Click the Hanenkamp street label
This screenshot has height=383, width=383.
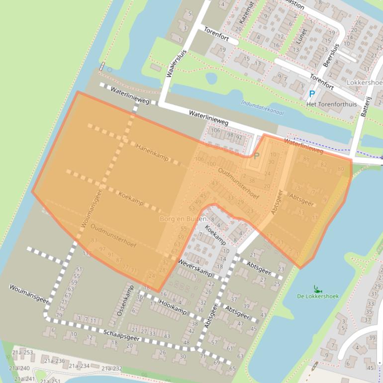tap(152, 152)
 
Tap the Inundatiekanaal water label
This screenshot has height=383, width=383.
tap(262, 108)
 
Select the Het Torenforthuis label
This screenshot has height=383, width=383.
tap(332, 104)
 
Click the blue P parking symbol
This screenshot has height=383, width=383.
tap(312, 94)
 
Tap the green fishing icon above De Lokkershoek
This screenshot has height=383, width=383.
tap(316, 287)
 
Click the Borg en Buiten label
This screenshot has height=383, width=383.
tap(184, 219)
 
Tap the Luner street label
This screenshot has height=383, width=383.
tap(301, 36)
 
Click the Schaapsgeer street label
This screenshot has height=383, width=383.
tap(122, 335)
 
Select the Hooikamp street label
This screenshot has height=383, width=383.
tap(173, 307)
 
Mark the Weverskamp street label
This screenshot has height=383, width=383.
tap(195, 268)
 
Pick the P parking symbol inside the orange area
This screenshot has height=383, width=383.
tap(257, 156)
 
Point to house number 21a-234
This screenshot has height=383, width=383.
tap(79, 366)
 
